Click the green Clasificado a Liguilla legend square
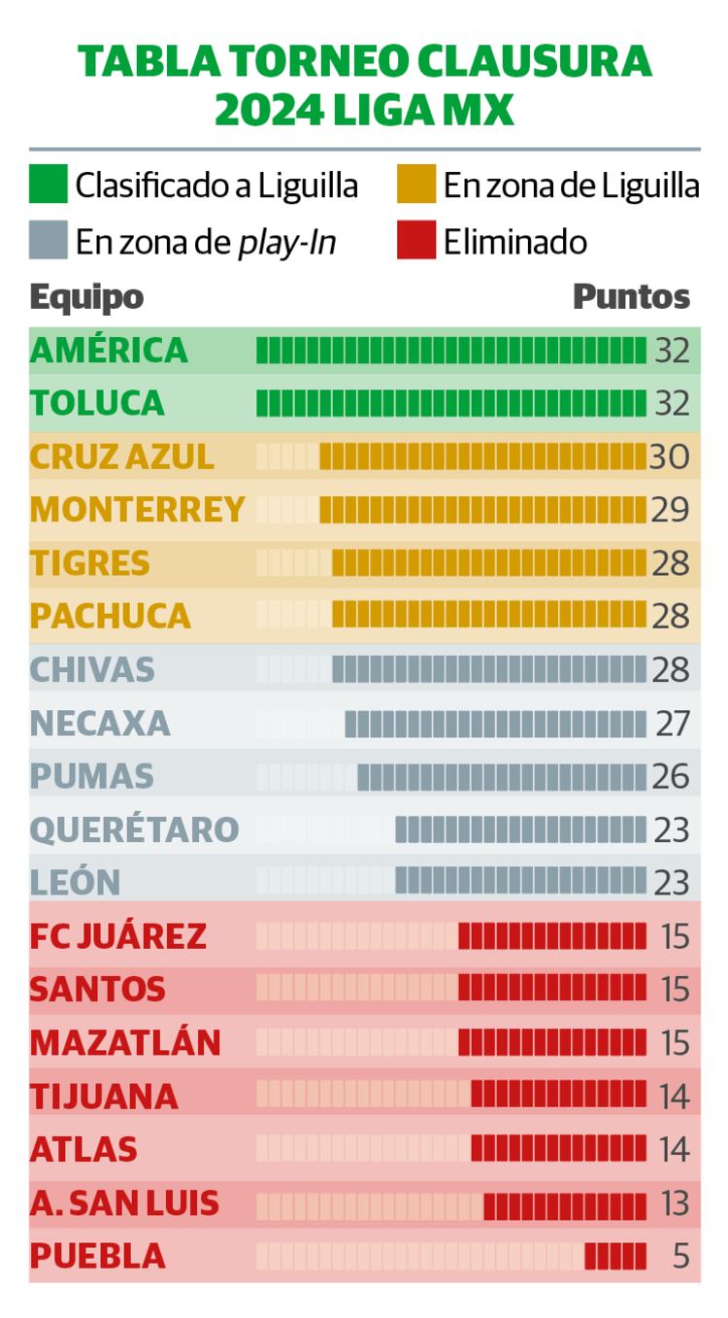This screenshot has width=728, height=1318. click(x=49, y=185)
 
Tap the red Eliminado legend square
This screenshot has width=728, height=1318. click(x=416, y=241)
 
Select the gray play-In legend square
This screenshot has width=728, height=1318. click(x=49, y=241)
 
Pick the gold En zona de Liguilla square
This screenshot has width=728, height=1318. click(x=416, y=185)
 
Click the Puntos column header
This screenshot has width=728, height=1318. click(x=631, y=296)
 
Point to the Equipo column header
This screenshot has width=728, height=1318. click(x=86, y=296)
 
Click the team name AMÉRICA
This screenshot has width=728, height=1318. click(x=109, y=350)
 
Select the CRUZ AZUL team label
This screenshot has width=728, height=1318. click(x=122, y=456)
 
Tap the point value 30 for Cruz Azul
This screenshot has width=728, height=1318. click(x=669, y=456)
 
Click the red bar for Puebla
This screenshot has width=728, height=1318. click(x=615, y=1256)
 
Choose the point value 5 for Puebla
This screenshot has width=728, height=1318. click(x=679, y=1256)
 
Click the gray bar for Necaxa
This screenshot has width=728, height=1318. click(x=495, y=724)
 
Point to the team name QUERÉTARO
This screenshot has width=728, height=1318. click(x=134, y=829)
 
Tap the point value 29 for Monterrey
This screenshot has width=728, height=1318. click(x=670, y=509)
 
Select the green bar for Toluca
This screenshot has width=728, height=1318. click(x=450, y=403)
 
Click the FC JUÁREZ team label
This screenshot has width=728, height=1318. click(x=118, y=936)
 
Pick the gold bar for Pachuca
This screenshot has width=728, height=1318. click(x=488, y=616)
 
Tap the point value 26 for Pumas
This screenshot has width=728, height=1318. click(x=671, y=776)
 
